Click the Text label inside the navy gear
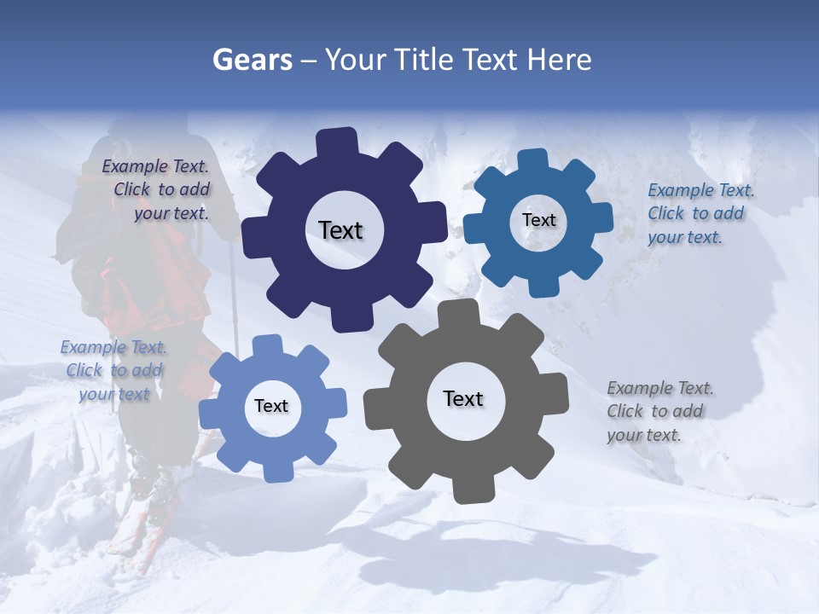click(340, 230)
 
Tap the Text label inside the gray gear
click(463, 398)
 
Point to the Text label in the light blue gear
click(271, 406)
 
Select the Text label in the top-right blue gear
click(538, 220)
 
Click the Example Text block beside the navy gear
click(157, 190)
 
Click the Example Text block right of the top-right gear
click(700, 213)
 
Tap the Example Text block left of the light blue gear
click(113, 370)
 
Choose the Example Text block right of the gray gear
click(659, 411)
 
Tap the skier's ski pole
click(233, 290)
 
